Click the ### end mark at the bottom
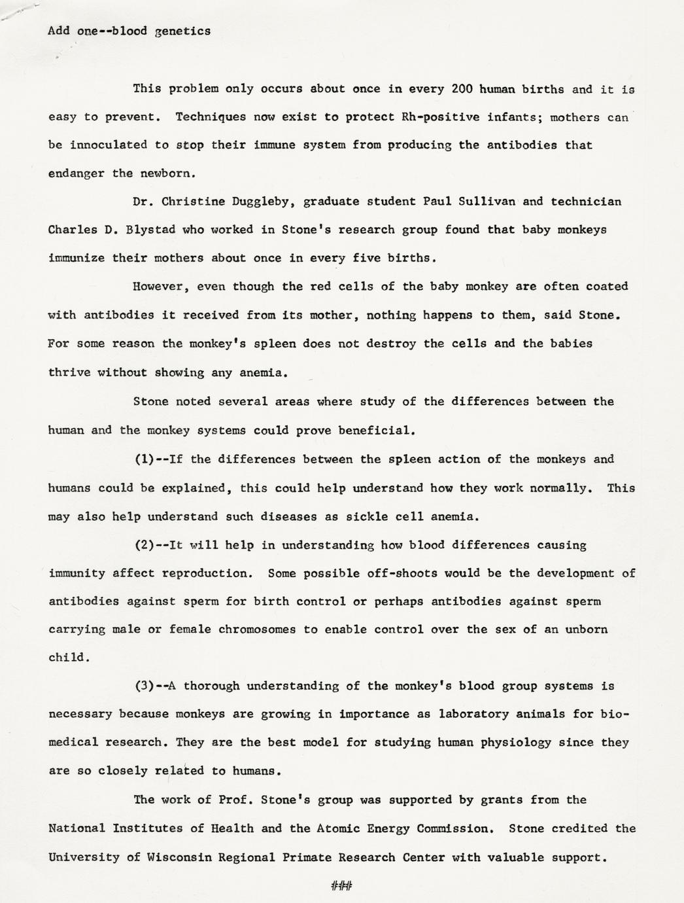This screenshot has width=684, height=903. click(341, 887)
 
